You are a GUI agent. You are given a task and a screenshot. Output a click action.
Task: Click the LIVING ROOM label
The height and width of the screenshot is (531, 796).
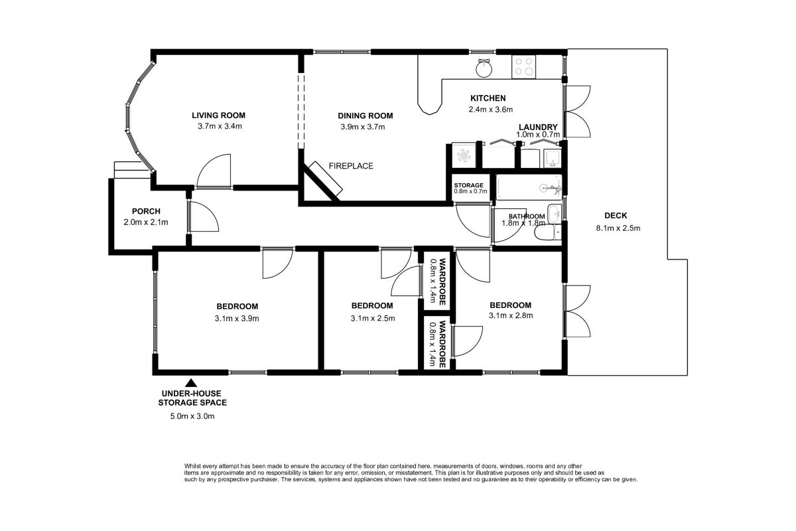(218, 115)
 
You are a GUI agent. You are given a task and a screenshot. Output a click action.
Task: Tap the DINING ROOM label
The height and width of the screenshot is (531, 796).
(365, 115)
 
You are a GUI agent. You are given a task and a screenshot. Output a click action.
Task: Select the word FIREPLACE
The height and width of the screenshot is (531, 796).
(351, 166)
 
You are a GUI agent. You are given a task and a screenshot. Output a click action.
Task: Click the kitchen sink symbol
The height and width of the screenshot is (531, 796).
(484, 68)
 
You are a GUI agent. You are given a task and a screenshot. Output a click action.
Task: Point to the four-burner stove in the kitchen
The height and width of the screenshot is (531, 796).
(524, 67)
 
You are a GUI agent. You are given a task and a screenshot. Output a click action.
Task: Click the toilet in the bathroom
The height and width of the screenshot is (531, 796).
(548, 233)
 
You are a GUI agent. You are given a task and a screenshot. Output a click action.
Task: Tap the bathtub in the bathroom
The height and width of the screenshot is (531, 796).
(529, 187)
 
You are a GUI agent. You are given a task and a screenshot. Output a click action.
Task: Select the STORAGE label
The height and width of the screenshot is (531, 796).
(469, 185)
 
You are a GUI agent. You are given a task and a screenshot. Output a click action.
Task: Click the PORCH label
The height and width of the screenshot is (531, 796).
(146, 211)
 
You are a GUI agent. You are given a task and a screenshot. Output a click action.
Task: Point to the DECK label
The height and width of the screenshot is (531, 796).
(616, 216)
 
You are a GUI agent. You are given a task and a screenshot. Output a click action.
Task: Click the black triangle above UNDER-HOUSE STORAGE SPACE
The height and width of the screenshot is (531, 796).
(192, 383)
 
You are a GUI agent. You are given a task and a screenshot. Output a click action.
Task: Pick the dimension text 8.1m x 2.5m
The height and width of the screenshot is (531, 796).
(618, 228)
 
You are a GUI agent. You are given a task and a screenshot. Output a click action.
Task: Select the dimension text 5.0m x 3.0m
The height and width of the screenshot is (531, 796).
(192, 416)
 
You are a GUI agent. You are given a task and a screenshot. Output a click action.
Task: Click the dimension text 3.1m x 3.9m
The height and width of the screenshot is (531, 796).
(237, 319)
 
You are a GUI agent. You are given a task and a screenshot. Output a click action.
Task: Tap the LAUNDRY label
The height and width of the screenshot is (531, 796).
(538, 127)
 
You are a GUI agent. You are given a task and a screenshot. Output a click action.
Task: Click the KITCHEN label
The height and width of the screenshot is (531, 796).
(488, 98)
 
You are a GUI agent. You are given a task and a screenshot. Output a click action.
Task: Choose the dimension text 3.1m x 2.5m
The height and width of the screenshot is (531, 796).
(373, 319)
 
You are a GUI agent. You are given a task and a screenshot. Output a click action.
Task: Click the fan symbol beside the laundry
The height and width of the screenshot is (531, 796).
(464, 156)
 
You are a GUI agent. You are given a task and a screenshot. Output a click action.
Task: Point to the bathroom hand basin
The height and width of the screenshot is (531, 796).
(554, 214)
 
